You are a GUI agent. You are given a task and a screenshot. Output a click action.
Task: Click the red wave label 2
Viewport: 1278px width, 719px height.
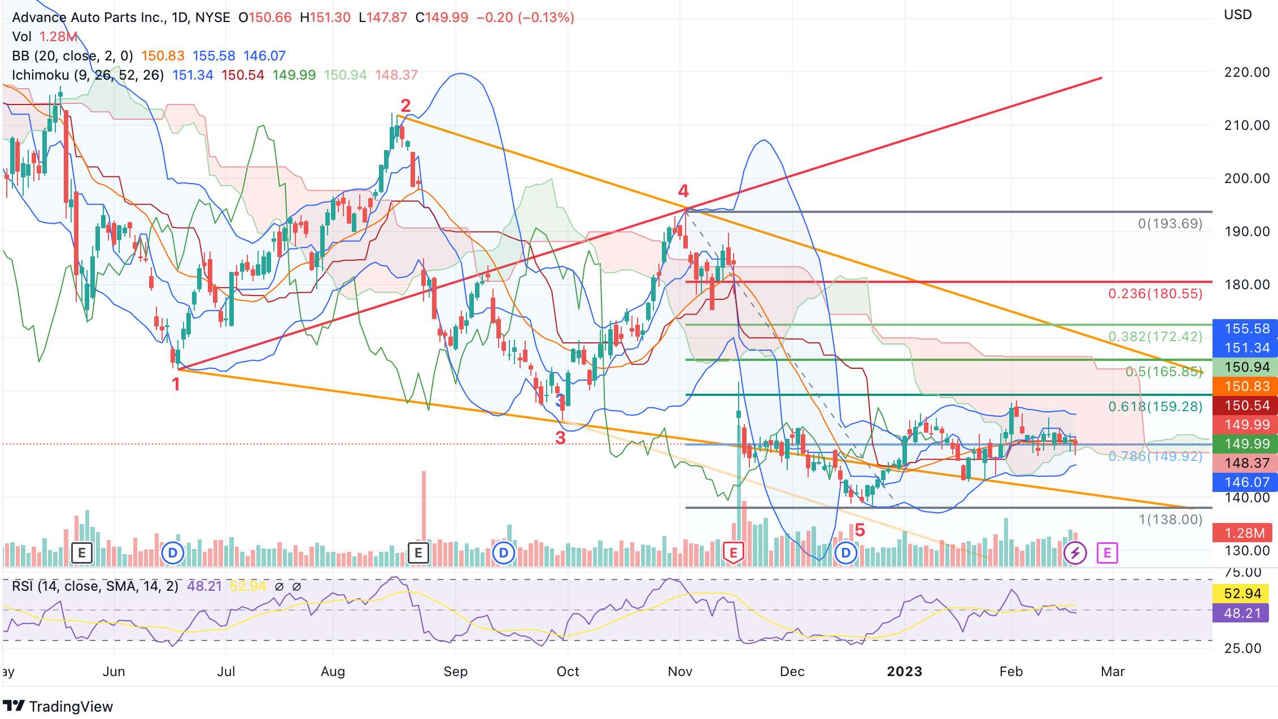pos(405,106)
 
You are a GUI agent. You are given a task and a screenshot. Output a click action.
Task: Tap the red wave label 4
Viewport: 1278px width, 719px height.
pos(683,191)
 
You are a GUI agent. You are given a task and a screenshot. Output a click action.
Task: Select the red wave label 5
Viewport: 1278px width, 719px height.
pos(860,530)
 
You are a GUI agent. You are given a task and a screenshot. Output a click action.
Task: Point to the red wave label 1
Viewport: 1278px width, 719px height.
pos(176,385)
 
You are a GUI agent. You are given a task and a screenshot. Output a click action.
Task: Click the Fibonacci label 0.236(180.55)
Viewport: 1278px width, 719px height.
pos(1155,294)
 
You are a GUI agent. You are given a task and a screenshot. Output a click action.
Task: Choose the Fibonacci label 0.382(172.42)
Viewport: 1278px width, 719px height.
pos(1155,337)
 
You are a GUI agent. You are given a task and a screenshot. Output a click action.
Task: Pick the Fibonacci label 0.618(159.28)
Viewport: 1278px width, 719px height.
pos(1155,407)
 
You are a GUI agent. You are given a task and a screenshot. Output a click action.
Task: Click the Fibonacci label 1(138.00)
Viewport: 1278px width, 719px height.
pos(1170,520)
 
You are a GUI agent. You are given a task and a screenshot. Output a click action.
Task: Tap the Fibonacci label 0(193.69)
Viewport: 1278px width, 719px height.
pos(1170,224)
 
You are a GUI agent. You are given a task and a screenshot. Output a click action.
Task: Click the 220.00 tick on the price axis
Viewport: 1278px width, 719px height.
pos(1246,72)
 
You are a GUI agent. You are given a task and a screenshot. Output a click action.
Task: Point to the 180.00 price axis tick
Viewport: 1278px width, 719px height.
pos(1246,285)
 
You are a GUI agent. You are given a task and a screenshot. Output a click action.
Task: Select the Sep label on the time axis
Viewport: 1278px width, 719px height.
pos(455,672)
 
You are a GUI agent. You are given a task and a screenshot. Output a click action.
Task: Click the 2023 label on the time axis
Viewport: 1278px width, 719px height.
pos(904,672)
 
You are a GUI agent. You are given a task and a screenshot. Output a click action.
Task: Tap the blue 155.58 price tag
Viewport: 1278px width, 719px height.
pos(1246,329)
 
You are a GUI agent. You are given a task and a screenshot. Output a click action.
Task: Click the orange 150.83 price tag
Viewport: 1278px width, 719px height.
pos(1246,386)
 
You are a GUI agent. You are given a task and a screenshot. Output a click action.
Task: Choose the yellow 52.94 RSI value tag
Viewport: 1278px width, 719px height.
pos(1242,594)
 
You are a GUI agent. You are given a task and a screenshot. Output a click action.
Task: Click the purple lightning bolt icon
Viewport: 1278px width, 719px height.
pos(1075,552)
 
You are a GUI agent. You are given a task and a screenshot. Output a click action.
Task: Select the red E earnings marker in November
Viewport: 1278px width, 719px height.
pos(733,552)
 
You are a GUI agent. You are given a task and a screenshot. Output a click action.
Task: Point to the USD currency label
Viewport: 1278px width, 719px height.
pos(1237,15)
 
